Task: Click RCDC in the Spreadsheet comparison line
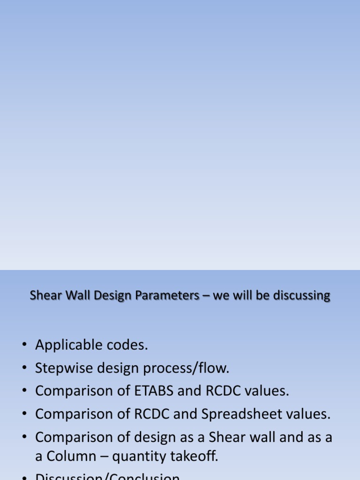click(148, 414)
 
